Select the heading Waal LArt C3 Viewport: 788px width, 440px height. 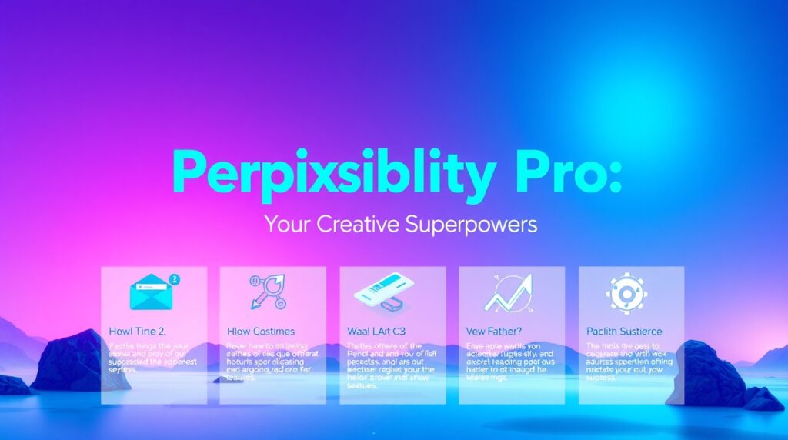tap(378, 331)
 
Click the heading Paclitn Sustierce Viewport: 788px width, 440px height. tap(624, 331)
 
